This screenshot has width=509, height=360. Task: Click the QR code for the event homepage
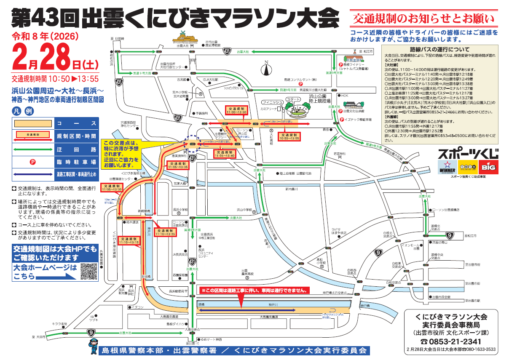pyautogui.click(x=89, y=270)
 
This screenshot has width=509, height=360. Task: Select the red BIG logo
pyautogui.click(x=489, y=167)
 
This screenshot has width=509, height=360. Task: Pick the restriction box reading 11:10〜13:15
pyautogui.click(x=129, y=241)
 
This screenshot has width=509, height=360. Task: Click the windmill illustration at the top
pyautogui.click(x=182, y=35)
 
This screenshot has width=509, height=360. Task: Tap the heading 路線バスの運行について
pyautogui.click(x=439, y=49)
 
